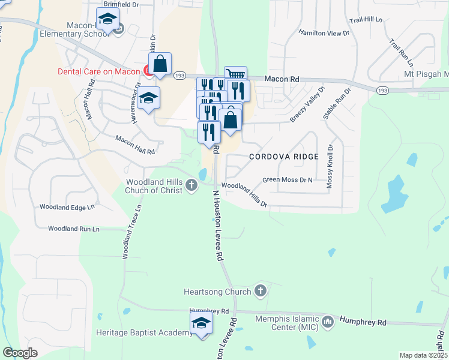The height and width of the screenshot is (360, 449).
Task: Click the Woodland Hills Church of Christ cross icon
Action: pyautogui.click(x=191, y=184)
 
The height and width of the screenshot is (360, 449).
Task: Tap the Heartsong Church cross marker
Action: pyautogui.click(x=260, y=291)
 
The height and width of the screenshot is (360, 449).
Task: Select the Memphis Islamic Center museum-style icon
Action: pyautogui.click(x=328, y=323)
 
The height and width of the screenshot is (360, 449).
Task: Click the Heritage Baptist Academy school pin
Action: pyautogui.click(x=202, y=325)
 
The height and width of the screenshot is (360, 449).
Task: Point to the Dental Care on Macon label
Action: pyautogui.click(x=98, y=71)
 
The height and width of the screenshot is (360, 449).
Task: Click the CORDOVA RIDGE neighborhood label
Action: pyautogui.click(x=276, y=156)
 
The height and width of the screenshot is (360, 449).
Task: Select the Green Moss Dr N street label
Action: pyautogui.click(x=288, y=179)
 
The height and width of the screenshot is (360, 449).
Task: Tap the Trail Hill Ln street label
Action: pyautogui.click(x=366, y=20)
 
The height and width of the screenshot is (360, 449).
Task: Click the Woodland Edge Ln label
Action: pyautogui.click(x=67, y=207)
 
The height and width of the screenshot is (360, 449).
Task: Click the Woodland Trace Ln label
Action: pyautogui.click(x=132, y=232)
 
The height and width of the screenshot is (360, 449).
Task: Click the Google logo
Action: pyautogui.click(x=20, y=352)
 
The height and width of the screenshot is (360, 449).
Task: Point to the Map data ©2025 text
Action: pyautogui.click(x=423, y=355)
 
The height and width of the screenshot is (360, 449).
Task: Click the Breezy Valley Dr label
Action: pyautogui.click(x=307, y=105)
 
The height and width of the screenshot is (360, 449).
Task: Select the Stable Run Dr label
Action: pyautogui.click(x=337, y=103)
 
